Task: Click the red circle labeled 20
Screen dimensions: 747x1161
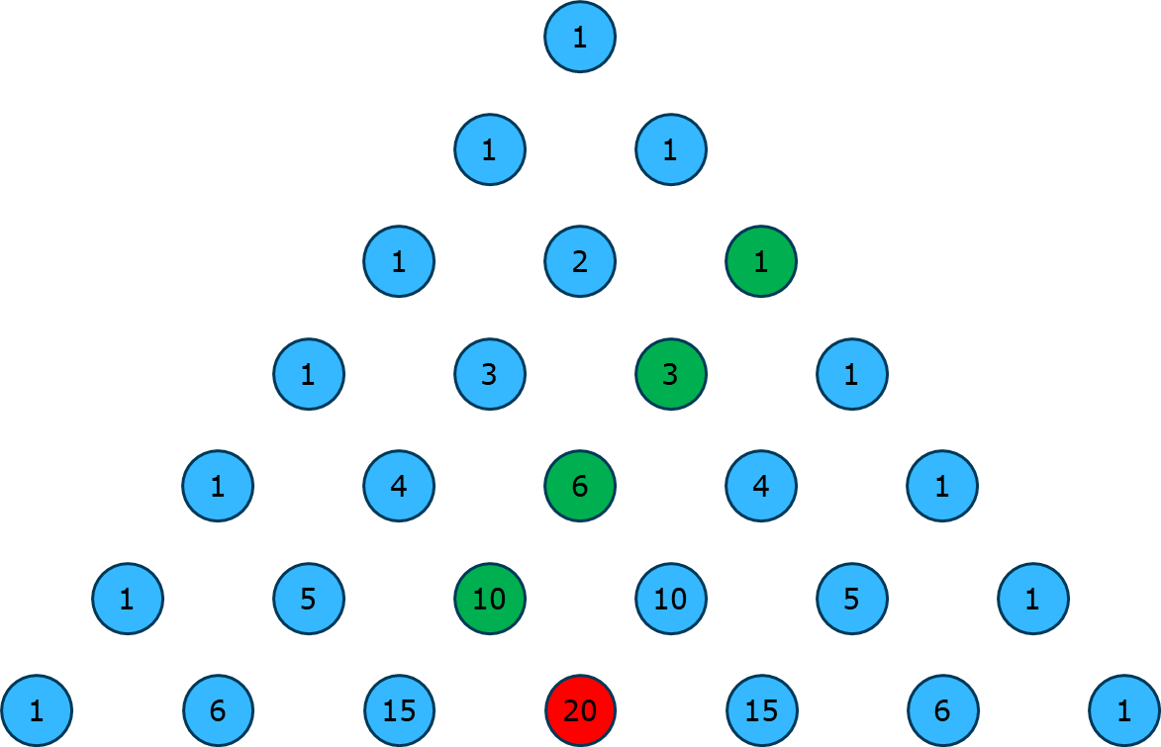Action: (580, 710)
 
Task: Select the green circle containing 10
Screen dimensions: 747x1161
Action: (489, 599)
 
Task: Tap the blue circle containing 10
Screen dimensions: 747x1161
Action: (671, 599)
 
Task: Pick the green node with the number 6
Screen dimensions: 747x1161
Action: (580, 486)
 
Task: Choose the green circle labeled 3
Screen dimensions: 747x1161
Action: (671, 374)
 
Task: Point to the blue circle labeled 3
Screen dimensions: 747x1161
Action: (489, 374)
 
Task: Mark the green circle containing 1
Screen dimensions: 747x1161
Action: (761, 261)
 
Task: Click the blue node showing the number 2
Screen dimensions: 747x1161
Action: (580, 261)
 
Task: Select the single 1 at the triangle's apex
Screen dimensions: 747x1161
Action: (580, 38)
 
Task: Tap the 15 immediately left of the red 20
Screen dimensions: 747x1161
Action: (399, 710)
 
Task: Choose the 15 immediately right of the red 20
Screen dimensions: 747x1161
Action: (761, 710)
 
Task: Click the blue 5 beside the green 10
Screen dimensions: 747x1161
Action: (308, 599)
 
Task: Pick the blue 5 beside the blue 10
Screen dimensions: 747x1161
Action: (852, 599)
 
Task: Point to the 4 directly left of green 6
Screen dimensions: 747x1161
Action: (399, 486)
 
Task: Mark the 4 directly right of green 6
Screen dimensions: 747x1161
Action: (761, 486)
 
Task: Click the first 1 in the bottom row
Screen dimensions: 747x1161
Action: (37, 710)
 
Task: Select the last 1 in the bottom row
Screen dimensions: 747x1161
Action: (1123, 710)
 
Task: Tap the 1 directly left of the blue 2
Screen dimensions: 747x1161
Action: (399, 261)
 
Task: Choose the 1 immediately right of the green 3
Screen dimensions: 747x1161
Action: (852, 374)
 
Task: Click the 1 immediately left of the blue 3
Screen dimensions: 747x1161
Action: (308, 374)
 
